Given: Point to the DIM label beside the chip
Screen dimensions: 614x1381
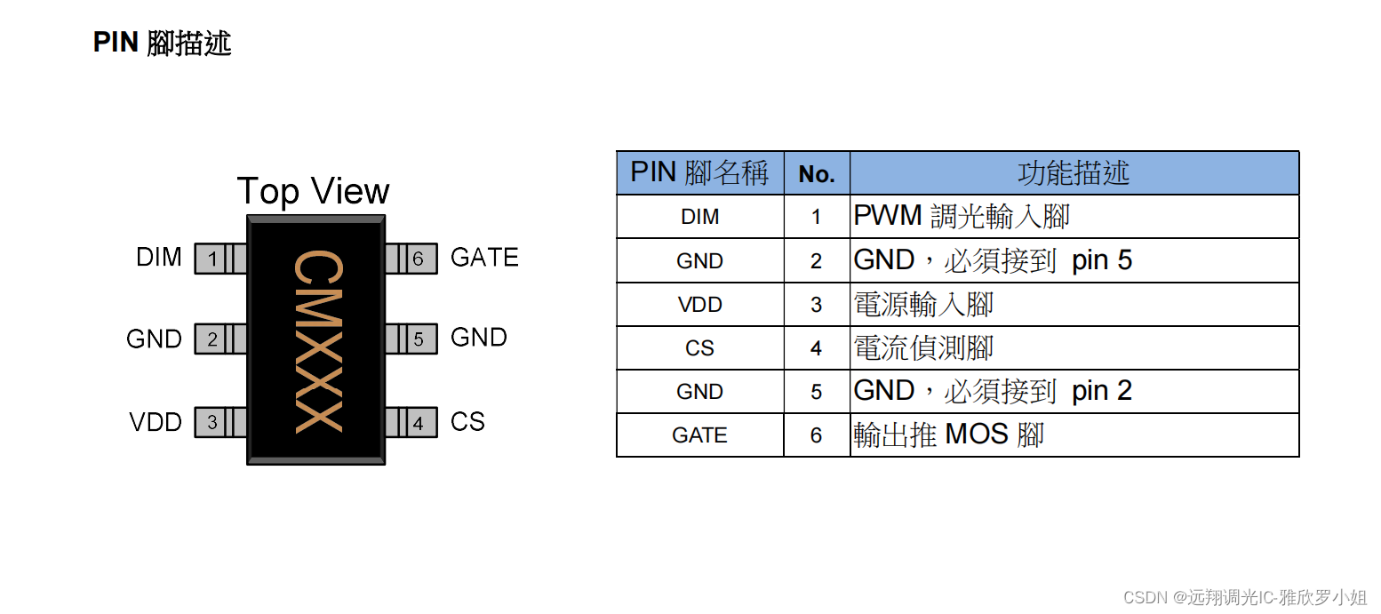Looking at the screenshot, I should point(159,258).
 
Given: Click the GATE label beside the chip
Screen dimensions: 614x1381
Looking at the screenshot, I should point(484,258).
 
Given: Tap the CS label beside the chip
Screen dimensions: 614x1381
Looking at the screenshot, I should point(467,422).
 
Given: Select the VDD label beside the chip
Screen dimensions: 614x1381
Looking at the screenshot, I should point(156,422).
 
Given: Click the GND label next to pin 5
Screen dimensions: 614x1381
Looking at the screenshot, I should point(479,338).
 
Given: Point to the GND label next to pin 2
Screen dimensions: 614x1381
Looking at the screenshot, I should point(154,339).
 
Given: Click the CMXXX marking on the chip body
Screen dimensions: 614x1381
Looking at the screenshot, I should point(316,342).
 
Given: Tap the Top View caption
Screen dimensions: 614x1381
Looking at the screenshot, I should point(313,192).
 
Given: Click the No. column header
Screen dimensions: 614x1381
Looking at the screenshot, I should point(817,174).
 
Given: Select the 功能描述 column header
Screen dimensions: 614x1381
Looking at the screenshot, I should point(1074,173).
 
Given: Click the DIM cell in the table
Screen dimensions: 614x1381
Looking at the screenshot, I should point(699,217).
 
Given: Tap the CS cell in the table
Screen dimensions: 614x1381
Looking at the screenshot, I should point(699,348).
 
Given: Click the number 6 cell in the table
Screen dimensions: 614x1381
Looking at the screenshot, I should point(817,435).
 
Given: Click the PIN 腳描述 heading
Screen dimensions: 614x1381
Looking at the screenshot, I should point(163,43).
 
